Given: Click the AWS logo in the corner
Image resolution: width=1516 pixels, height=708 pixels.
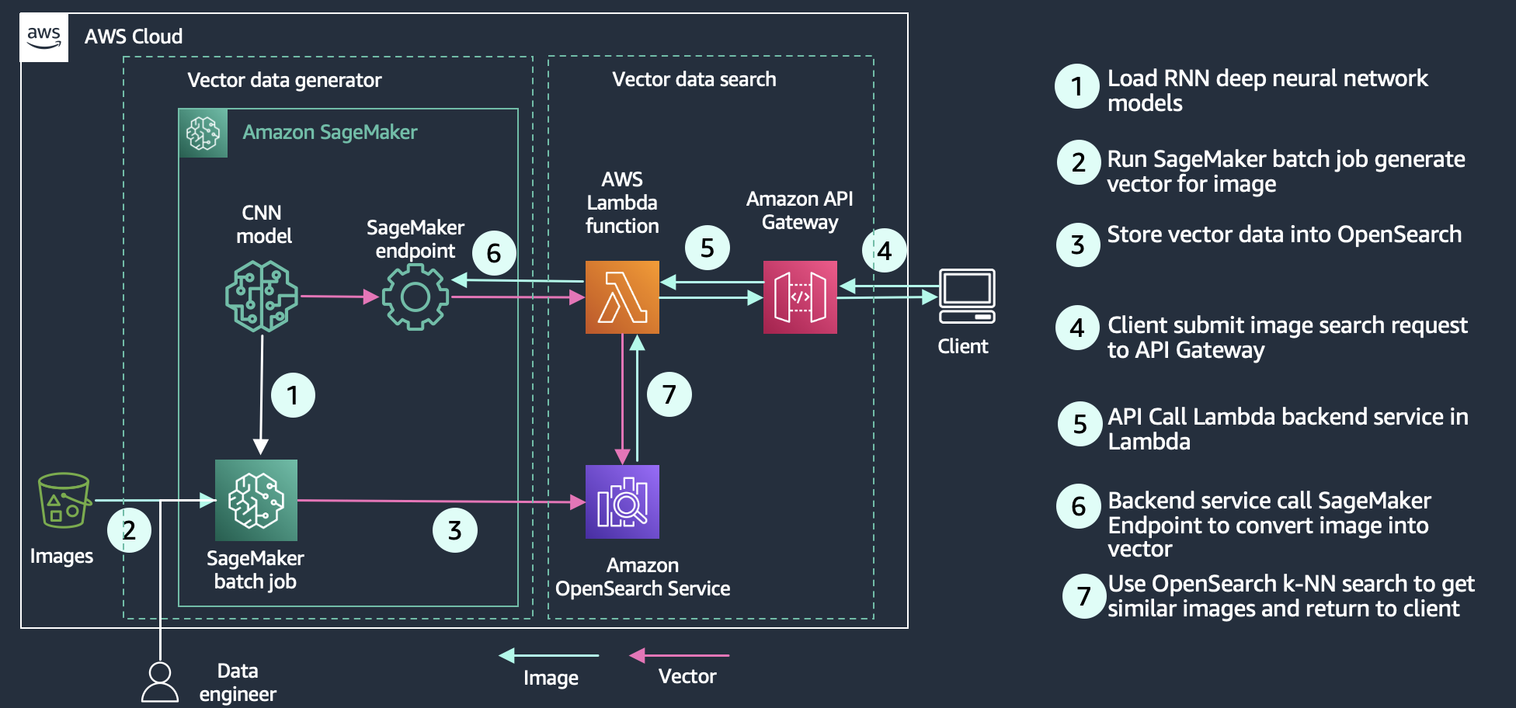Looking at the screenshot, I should click(43, 36).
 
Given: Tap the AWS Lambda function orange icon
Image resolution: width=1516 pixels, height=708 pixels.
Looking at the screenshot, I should click(622, 297).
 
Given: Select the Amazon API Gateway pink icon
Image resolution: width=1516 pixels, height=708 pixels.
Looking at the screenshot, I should click(800, 297).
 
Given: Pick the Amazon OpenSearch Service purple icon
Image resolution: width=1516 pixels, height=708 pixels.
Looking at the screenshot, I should click(622, 501).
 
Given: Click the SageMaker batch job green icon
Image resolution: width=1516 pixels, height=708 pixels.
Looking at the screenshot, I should click(256, 500).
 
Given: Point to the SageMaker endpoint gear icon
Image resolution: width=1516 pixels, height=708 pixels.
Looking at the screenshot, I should click(416, 297).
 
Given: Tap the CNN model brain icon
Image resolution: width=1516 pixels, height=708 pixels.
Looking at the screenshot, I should click(262, 296).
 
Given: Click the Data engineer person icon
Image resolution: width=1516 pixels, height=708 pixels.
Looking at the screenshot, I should click(160, 682).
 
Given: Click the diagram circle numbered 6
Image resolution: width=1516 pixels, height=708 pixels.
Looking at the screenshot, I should click(494, 253).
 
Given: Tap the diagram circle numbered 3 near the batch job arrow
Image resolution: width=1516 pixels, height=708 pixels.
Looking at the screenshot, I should click(455, 530).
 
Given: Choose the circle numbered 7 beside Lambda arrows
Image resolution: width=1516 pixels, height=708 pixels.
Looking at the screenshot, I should click(669, 394).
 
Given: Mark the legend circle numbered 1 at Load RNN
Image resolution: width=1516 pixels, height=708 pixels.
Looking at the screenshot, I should click(1076, 86).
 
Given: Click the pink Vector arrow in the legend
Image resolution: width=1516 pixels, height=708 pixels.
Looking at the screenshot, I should click(679, 656).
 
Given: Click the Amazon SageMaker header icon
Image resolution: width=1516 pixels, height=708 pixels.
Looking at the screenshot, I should click(203, 134).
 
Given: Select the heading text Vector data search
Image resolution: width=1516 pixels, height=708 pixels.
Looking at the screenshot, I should click(694, 79).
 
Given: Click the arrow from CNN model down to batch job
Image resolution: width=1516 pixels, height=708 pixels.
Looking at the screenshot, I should click(262, 392).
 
